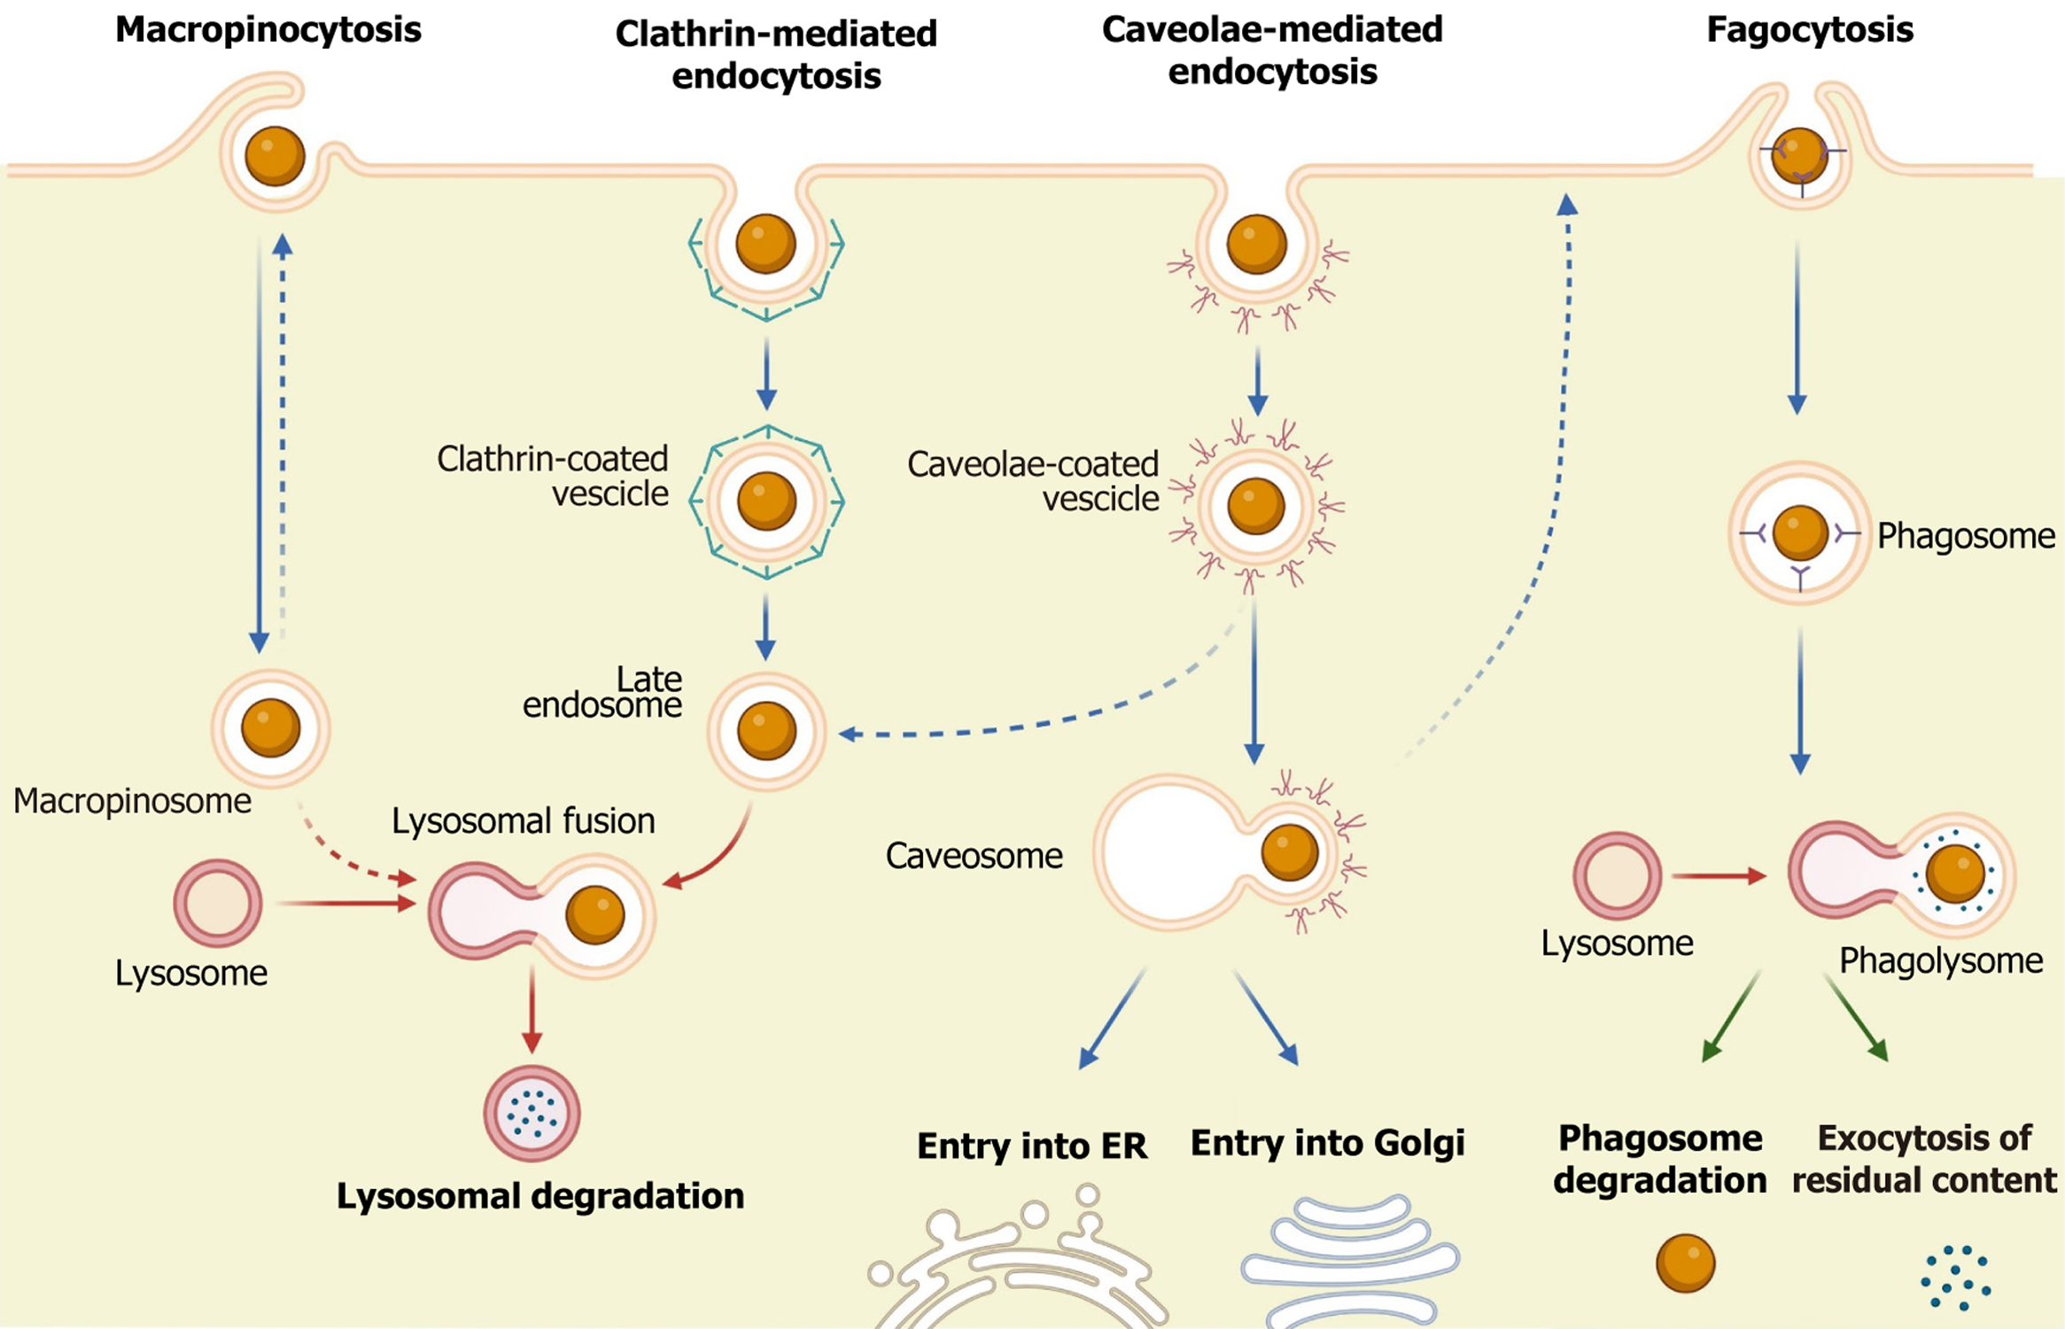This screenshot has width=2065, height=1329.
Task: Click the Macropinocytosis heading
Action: (x=268, y=30)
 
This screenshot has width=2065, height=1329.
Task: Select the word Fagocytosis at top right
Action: (x=1809, y=30)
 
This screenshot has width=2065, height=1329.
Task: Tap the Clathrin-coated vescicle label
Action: (x=553, y=476)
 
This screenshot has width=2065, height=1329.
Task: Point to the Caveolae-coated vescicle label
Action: (x=1033, y=481)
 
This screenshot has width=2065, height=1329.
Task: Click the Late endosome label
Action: (x=603, y=692)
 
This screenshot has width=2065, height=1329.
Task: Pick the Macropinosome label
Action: (x=132, y=801)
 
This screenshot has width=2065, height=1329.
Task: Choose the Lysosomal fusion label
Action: (x=524, y=821)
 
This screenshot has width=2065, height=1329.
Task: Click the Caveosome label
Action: (x=974, y=856)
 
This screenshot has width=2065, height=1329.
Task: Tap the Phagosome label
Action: (x=1966, y=536)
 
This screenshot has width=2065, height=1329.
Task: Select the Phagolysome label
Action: (x=1941, y=960)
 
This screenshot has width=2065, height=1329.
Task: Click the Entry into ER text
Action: (x=1032, y=1146)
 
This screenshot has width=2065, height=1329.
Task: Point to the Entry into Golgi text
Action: (x=1327, y=1143)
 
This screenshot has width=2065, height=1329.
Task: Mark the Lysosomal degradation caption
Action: (x=540, y=1196)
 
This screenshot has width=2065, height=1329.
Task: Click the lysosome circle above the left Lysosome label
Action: (x=218, y=903)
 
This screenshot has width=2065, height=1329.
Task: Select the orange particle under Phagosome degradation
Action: (x=1685, y=1263)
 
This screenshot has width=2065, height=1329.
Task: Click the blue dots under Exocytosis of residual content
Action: (x=1956, y=1278)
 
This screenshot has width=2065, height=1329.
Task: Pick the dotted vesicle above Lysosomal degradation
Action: (x=532, y=1114)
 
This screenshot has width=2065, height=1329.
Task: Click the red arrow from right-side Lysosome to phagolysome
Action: (x=1717, y=876)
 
